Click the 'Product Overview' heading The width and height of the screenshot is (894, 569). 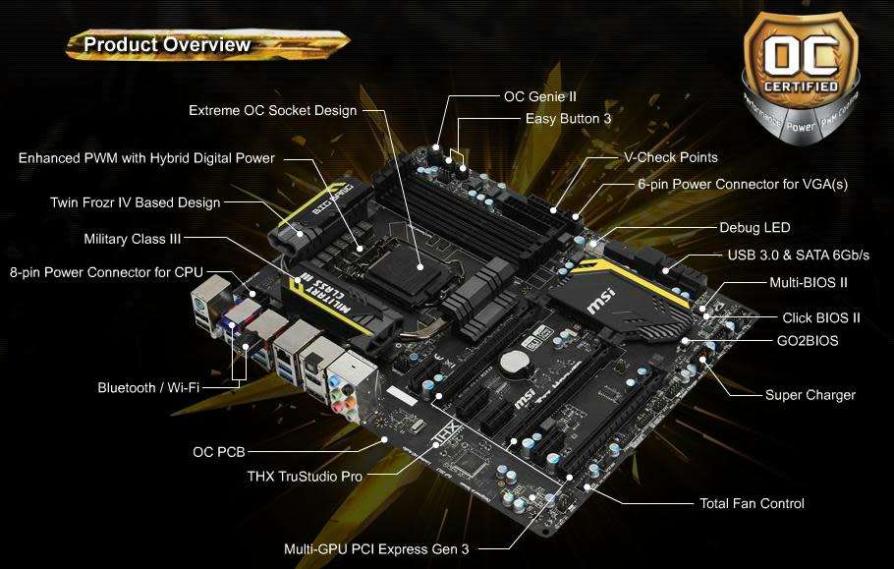click(166, 44)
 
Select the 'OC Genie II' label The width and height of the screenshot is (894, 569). click(539, 97)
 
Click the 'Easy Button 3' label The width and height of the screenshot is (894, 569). click(568, 118)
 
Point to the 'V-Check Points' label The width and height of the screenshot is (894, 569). click(670, 157)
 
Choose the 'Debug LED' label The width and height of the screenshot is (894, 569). click(754, 228)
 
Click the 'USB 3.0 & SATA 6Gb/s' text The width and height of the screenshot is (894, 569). click(798, 256)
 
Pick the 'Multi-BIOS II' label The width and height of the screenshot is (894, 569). click(809, 282)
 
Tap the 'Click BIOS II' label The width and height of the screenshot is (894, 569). click(821, 317)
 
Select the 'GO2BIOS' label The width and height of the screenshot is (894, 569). click(807, 341)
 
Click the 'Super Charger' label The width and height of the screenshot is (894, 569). click(810, 395)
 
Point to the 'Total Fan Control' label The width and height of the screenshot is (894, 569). click(752, 503)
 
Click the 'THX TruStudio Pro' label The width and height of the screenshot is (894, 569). click(305, 476)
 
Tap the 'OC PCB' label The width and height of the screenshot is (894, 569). click(218, 452)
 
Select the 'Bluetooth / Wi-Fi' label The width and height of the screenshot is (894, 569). click(148, 387)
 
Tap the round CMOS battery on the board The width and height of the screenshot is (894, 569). click(514, 363)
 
